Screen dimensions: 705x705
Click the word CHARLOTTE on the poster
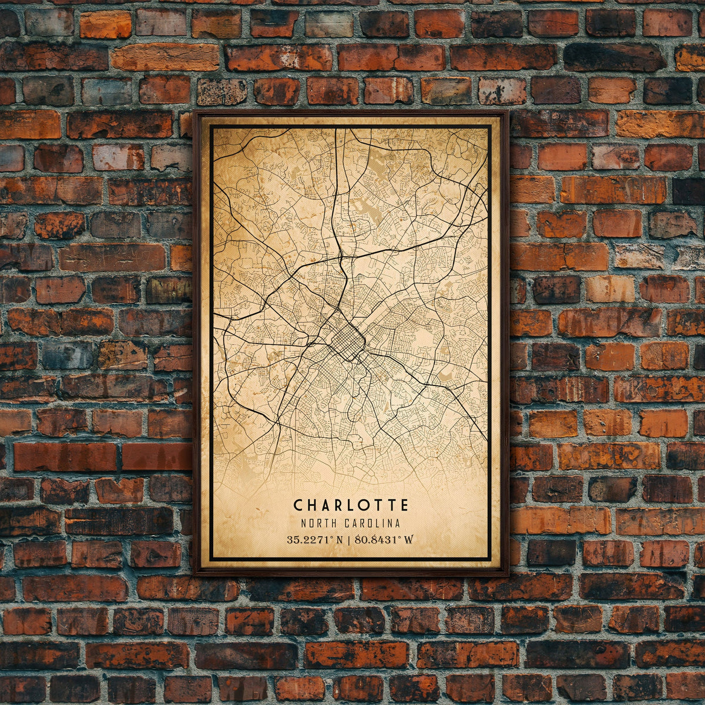click(x=351, y=505)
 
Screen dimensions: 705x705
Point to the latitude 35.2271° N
click(x=315, y=539)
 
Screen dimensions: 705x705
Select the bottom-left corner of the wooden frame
click(x=194, y=574)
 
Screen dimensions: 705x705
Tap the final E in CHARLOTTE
click(x=404, y=505)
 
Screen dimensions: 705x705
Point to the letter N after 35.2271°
click(x=340, y=539)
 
